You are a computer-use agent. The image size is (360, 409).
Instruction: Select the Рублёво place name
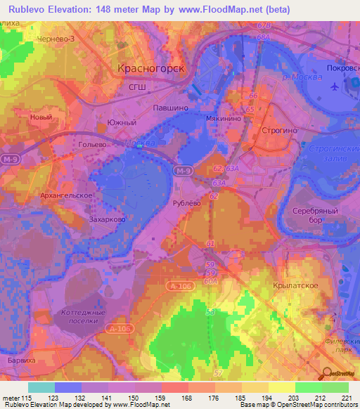187,202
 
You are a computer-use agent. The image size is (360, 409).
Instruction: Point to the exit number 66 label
254,95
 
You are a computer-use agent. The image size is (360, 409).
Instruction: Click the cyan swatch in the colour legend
41,387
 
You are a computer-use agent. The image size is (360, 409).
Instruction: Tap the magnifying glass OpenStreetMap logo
328,372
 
